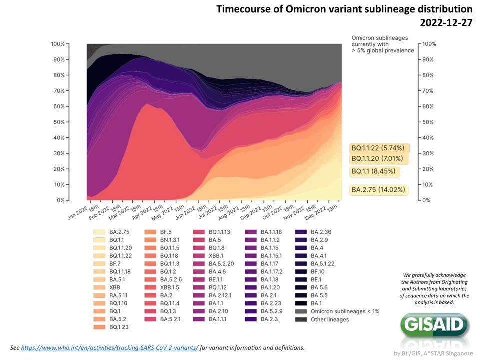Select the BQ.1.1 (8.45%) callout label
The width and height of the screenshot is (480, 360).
pyautogui.click(x=374, y=171)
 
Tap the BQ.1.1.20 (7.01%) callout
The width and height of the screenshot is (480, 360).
pyautogui.click(x=378, y=159)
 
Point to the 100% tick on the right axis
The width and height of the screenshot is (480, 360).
pyautogui.click(x=430, y=44)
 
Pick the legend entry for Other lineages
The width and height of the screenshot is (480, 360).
pyautogui.click(x=330, y=319)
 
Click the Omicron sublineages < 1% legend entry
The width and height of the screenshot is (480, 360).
pyautogui.click(x=345, y=311)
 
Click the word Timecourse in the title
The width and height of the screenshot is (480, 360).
pyautogui.click(x=240, y=9)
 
